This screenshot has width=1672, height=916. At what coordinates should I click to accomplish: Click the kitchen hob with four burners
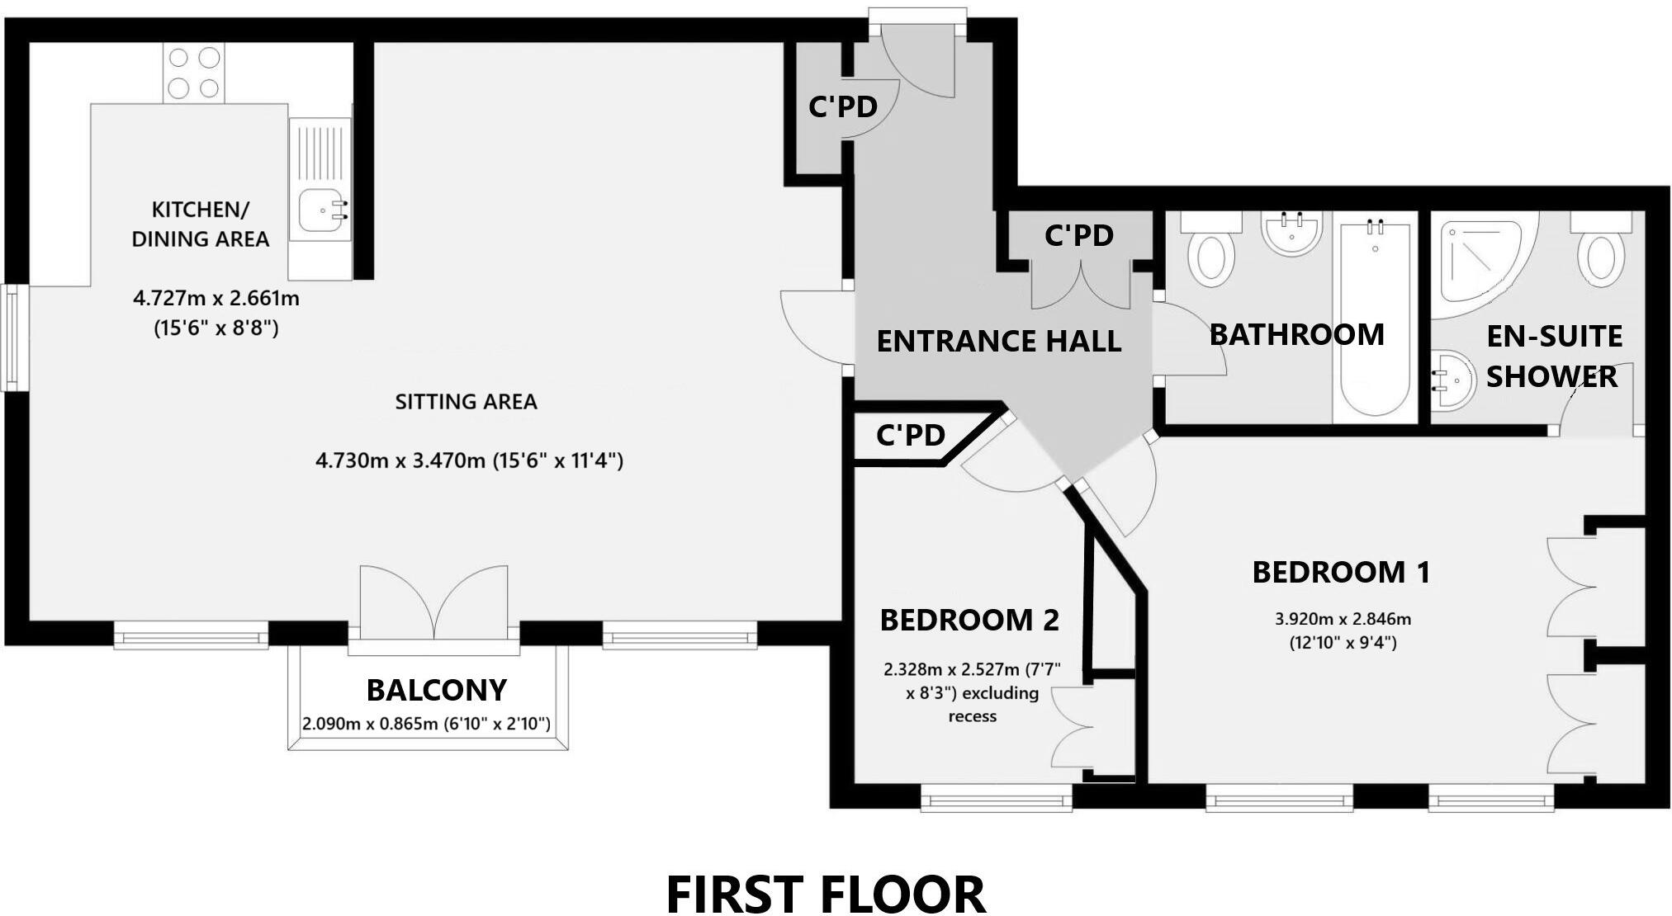[195, 73]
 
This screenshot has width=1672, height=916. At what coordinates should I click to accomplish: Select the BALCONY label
[436, 690]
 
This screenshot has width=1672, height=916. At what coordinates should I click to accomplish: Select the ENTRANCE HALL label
[998, 341]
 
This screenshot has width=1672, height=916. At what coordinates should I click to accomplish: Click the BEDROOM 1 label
[1341, 572]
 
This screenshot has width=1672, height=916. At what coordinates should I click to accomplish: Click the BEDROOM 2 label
[969, 620]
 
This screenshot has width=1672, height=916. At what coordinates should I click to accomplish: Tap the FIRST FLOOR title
[825, 894]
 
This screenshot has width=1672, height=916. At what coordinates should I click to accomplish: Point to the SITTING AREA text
[466, 402]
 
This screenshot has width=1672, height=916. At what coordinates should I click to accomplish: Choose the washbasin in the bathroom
[1291, 233]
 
